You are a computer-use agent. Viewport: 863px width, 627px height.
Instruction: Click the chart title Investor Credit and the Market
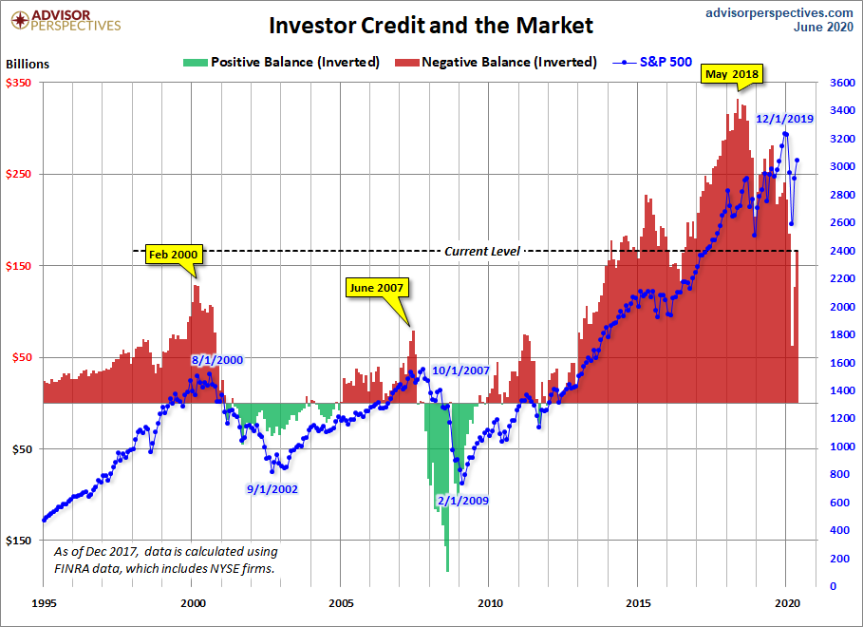click(x=430, y=25)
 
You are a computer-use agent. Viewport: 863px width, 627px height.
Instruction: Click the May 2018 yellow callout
click(x=732, y=72)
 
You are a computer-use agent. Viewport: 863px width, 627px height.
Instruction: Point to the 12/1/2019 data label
click(x=784, y=119)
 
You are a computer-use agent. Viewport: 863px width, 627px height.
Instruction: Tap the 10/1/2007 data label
click(x=460, y=370)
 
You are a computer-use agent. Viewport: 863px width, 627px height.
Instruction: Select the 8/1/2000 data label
click(x=218, y=360)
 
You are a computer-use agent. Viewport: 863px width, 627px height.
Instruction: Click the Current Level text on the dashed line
click(x=481, y=251)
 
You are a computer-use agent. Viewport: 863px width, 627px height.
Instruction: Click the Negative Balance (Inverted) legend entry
click(x=509, y=62)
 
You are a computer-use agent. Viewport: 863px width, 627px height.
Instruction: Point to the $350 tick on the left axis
click(x=20, y=84)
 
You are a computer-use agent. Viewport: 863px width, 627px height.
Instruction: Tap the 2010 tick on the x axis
click(x=490, y=602)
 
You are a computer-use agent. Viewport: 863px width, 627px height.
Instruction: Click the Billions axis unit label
click(x=28, y=65)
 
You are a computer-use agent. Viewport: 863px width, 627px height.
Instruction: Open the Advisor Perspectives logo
click(x=64, y=19)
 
